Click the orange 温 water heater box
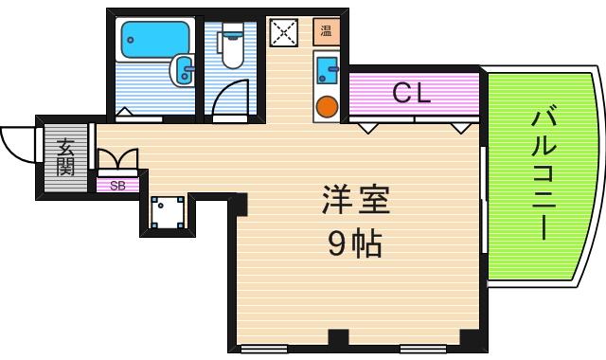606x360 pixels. [327, 31]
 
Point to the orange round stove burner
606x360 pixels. [328, 105]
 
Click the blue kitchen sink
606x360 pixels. [328, 68]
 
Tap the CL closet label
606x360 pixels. [412, 93]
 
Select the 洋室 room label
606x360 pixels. [355, 201]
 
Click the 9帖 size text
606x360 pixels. [355, 245]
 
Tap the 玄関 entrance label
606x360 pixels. [65, 157]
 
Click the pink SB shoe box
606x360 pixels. [118, 186]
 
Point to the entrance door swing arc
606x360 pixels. [17, 142]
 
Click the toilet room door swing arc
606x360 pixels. [230, 99]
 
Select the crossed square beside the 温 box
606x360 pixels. [283, 33]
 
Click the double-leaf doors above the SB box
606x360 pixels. [117, 158]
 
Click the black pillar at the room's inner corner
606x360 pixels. [239, 202]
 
